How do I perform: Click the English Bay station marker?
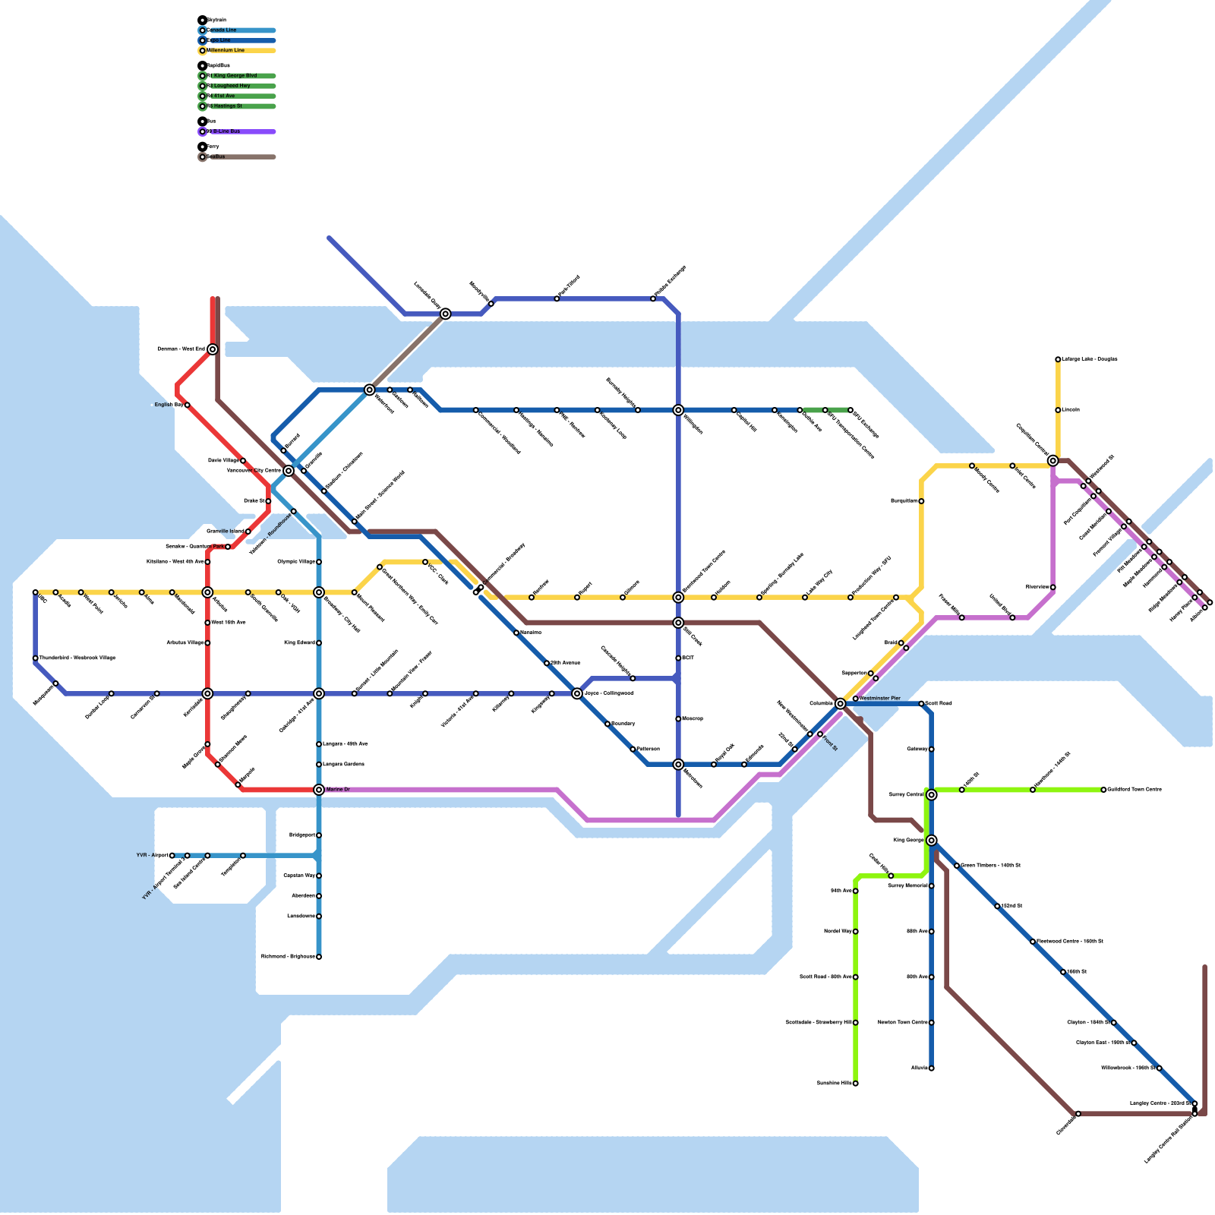188,405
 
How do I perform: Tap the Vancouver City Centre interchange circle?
289,471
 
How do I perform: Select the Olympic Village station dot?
319,562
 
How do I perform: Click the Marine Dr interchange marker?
319,790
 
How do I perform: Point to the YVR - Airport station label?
152,855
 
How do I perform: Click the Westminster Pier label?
880,698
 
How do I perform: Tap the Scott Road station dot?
921,704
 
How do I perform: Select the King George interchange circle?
932,840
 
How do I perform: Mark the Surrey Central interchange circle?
932,794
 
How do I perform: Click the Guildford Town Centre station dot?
1103,790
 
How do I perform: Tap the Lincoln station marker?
1058,410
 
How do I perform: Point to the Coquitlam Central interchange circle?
1052,460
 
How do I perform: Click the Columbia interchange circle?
840,704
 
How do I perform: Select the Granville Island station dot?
248,532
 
